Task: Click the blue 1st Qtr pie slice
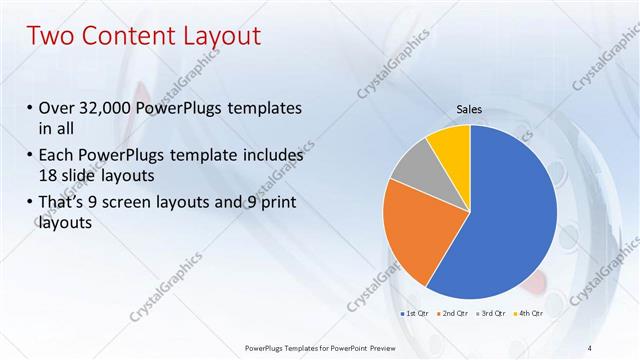510,215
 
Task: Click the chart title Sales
470,110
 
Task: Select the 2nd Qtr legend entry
456,314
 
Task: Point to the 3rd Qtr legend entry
496,314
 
